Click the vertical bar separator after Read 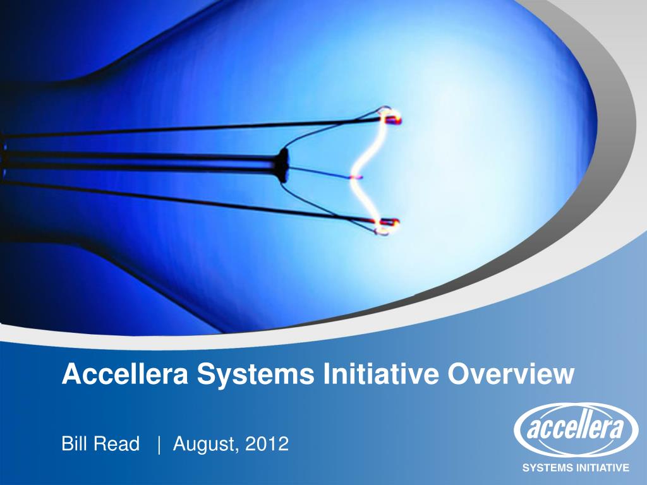tap(160, 445)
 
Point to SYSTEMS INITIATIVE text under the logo tap(575, 468)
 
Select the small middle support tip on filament tap(357, 177)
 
